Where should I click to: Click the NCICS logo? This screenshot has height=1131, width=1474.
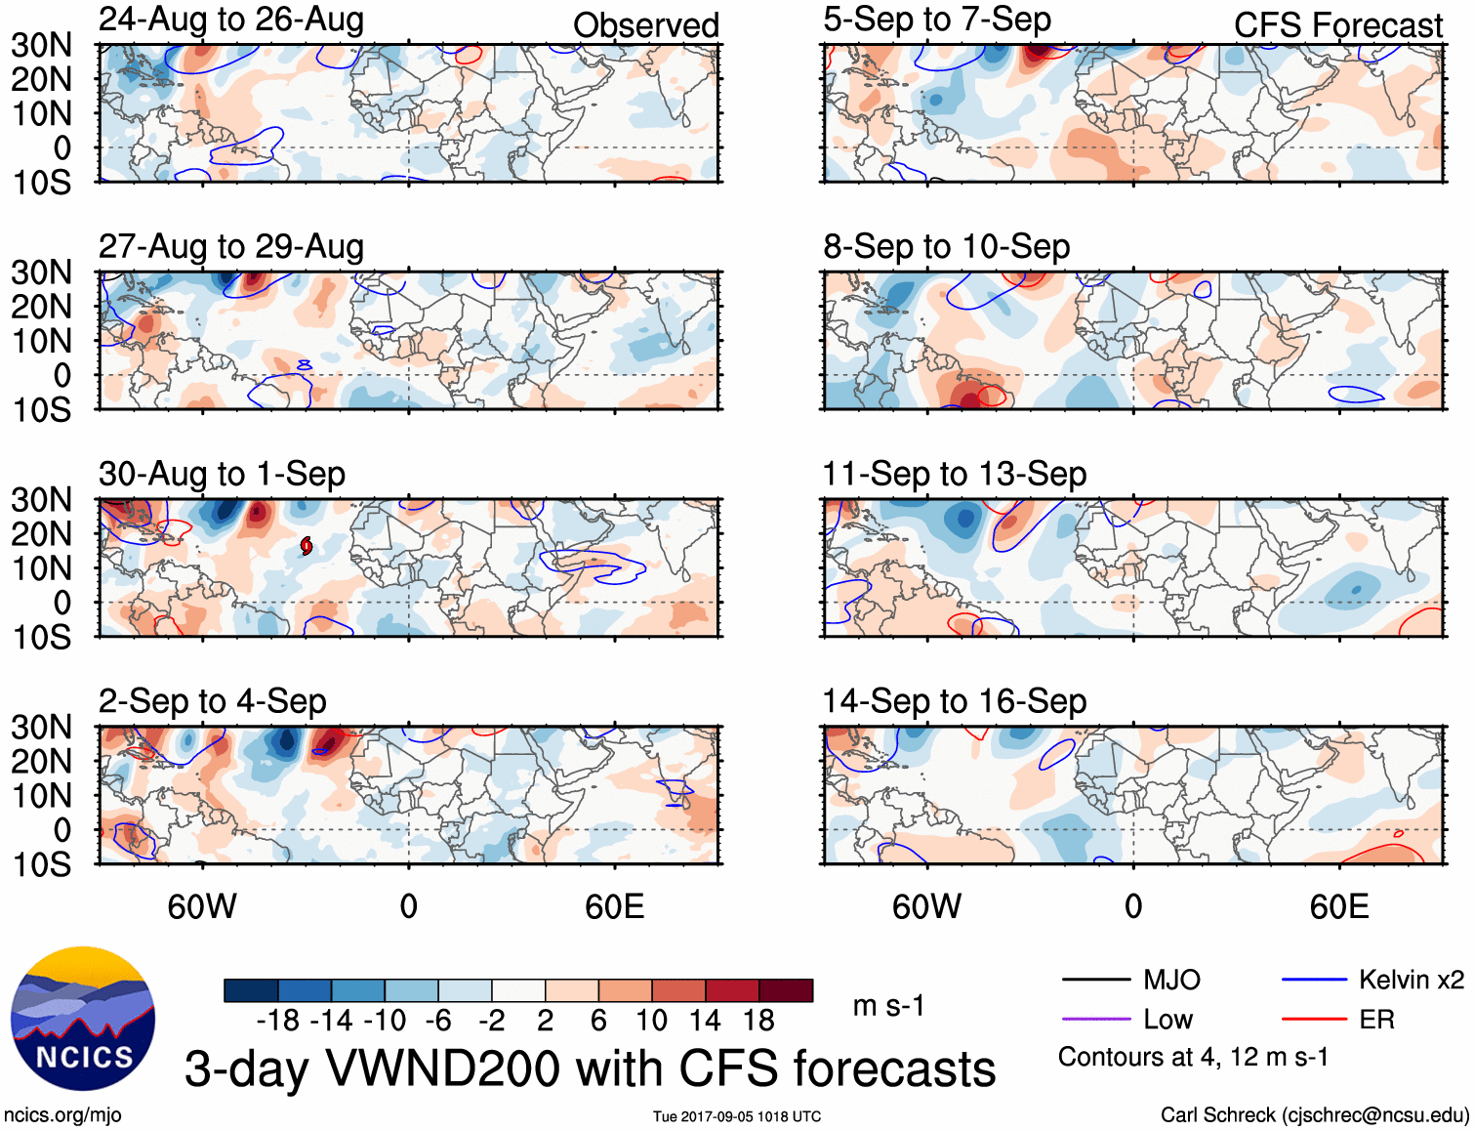tap(83, 1019)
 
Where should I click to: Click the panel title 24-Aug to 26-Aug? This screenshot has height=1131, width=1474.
tap(231, 20)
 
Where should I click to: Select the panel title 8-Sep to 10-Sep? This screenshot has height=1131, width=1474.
tap(946, 246)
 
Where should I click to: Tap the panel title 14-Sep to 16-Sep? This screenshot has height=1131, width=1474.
tap(954, 701)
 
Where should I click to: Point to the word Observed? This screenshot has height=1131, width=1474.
tap(645, 25)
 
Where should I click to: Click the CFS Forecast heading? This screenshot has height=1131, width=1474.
tap(1337, 25)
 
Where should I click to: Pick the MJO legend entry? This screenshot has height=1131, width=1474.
tap(1171, 980)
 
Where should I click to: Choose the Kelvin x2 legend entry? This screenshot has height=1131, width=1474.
tap(1411, 980)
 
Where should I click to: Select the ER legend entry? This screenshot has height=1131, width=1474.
tap(1376, 1020)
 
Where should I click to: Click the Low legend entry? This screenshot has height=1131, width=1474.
tap(1167, 1020)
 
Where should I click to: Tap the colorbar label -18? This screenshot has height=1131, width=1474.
tap(278, 1021)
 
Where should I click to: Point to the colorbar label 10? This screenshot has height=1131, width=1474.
tap(651, 1021)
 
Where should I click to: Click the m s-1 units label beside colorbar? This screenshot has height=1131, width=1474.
tap(888, 1006)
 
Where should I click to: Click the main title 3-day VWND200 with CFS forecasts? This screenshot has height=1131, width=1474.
tap(590, 1068)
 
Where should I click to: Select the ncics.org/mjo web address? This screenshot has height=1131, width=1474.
tap(62, 1115)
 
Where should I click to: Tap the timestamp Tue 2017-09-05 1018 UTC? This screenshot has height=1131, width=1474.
tap(737, 1116)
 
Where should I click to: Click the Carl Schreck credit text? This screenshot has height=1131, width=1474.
tap(1314, 1115)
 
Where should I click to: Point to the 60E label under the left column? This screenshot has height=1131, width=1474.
tap(614, 906)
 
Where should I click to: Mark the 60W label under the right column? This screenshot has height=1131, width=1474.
tap(926, 906)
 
